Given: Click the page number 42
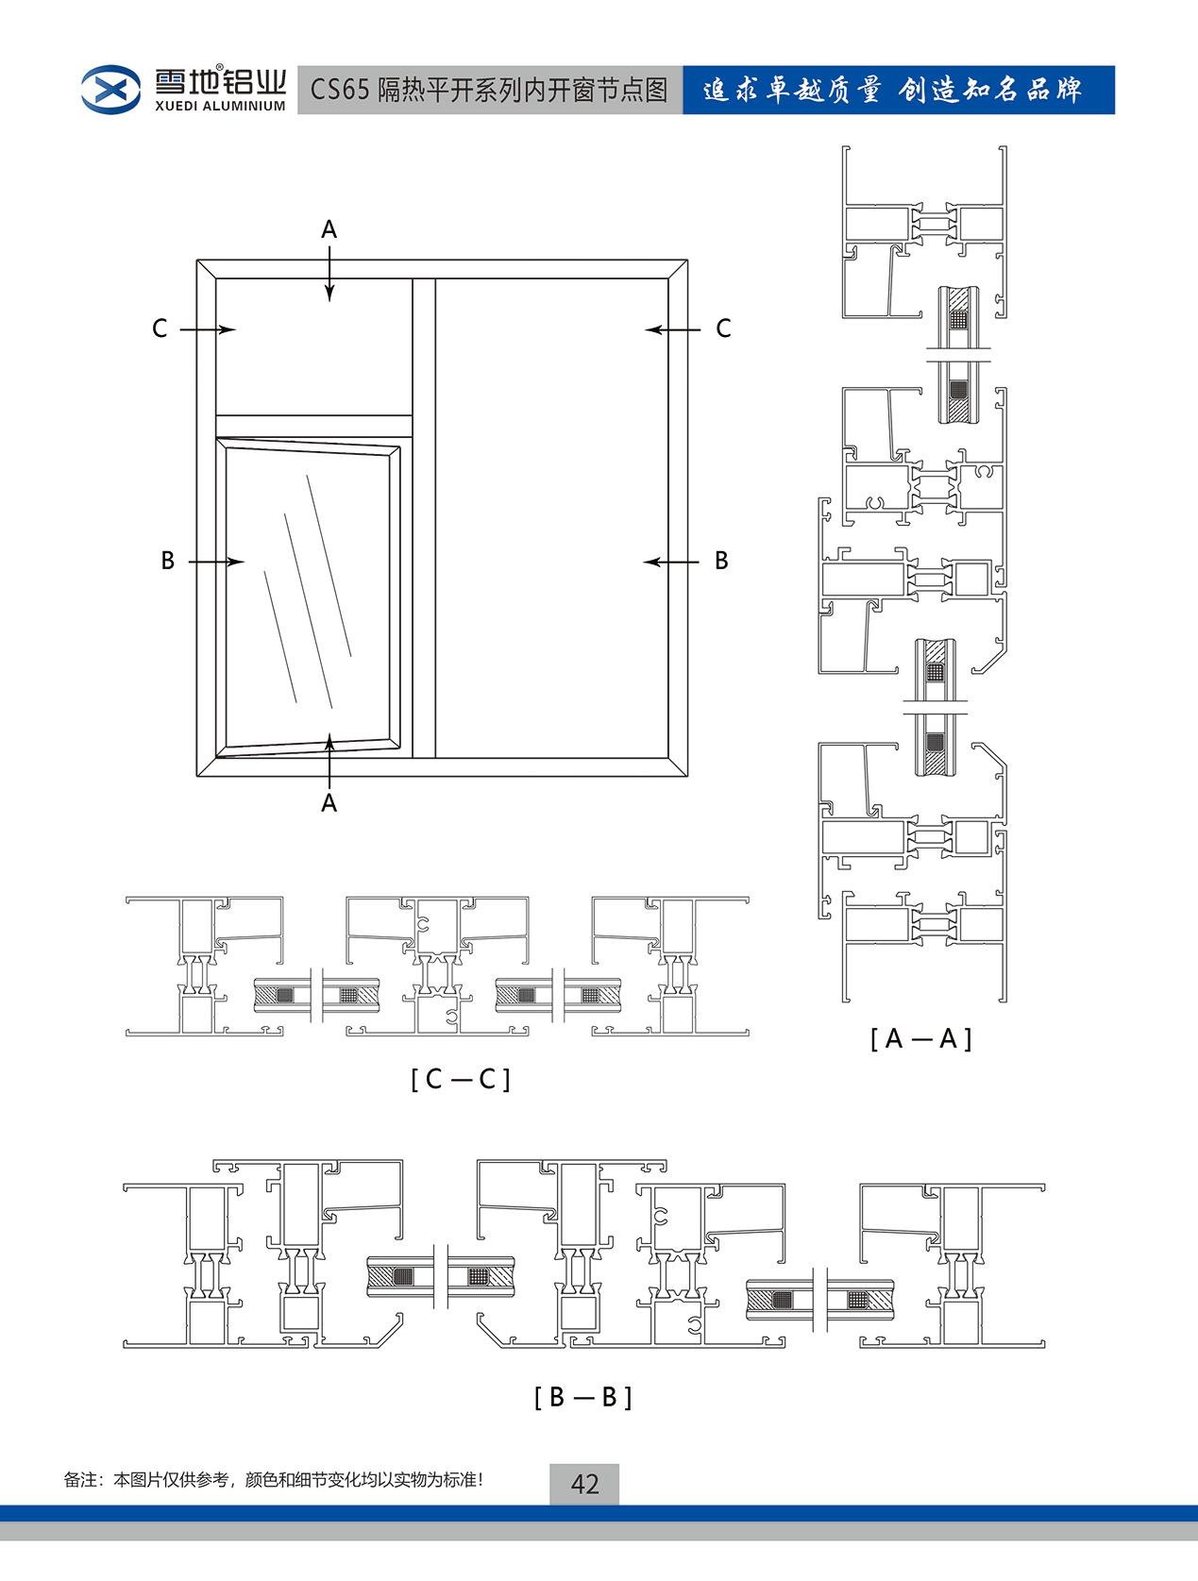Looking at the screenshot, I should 584,1484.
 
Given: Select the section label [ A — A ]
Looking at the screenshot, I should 920,1038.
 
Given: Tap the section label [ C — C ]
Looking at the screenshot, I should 461,1078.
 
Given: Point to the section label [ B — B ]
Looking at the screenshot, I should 582,1396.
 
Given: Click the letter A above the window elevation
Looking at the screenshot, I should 329,229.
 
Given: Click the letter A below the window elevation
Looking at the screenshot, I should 329,802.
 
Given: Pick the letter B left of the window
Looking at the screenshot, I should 168,561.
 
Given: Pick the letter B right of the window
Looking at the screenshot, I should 721,561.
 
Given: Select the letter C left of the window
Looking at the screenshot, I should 160,328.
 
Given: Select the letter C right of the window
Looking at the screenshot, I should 723,328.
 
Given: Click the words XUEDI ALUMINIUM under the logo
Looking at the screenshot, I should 219,106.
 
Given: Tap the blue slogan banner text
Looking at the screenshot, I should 892,91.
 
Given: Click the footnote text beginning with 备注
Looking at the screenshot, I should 274,1479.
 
